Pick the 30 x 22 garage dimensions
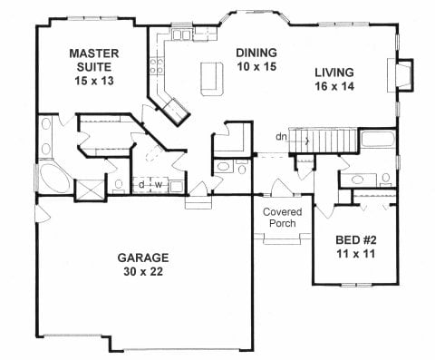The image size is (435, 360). point(141,271)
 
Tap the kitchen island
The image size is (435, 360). point(212,76)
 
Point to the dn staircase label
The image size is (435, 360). point(284,138)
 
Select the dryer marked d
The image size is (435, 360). point(142,185)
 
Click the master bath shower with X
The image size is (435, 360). point(90,190)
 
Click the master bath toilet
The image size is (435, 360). point(119,185)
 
